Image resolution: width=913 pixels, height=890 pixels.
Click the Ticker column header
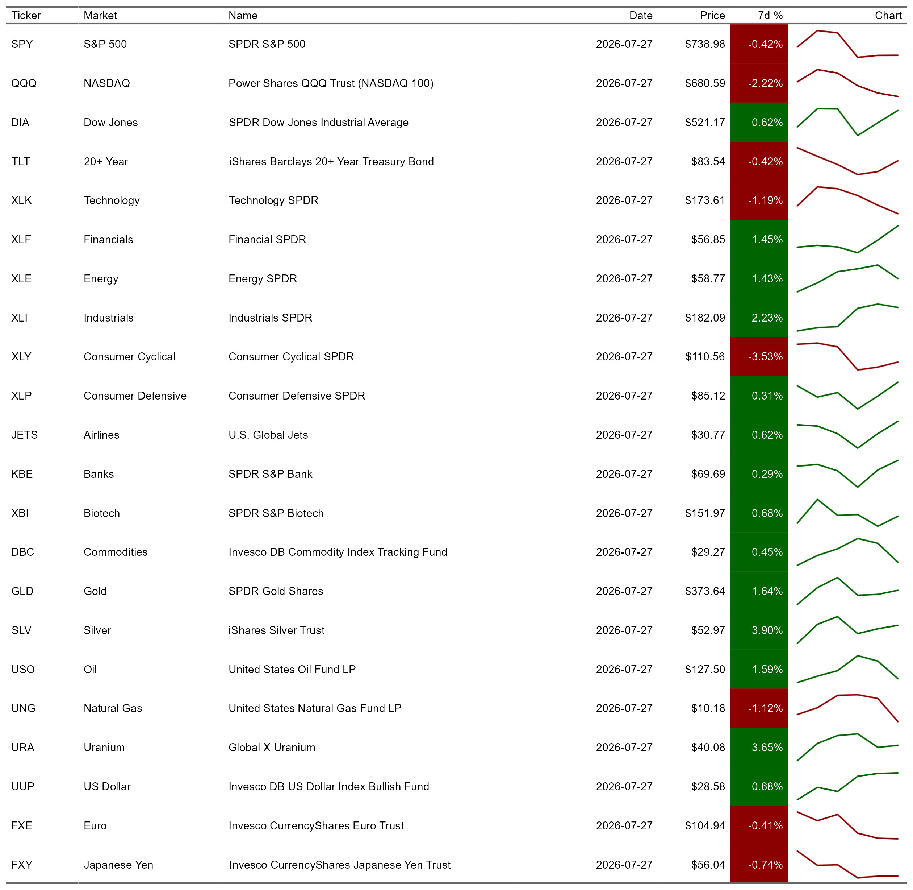[26, 16]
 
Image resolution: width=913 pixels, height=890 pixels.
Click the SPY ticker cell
[22, 44]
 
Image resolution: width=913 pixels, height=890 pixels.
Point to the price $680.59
[705, 83]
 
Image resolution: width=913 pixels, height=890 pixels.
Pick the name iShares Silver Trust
[276, 630]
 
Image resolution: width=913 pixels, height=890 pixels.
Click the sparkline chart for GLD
[847, 591]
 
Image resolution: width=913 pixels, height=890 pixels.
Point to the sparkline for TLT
[847, 162]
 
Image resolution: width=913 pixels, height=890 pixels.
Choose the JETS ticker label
[24, 435]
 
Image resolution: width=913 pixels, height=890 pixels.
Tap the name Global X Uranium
[272, 748]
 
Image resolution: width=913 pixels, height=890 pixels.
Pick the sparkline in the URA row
[847, 747]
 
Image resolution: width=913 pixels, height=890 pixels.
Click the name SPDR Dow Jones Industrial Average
[318, 123]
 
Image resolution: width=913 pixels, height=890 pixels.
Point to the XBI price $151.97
[705, 513]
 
